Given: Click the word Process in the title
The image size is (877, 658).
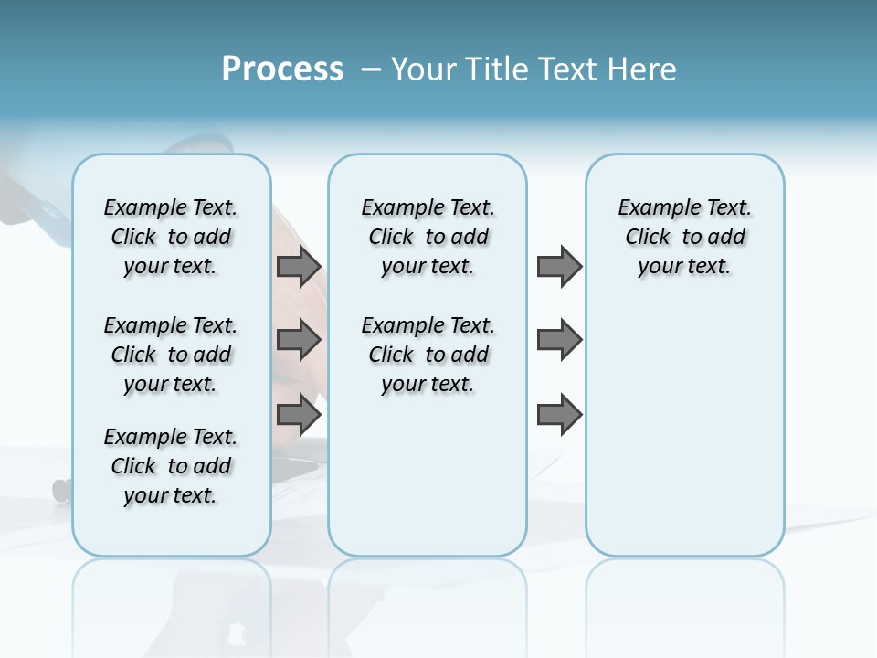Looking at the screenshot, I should [282, 69].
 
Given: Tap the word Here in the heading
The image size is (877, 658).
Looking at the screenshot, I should [643, 69].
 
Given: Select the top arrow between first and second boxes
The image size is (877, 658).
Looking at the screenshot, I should [299, 266].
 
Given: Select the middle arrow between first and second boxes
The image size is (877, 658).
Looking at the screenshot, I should [299, 340].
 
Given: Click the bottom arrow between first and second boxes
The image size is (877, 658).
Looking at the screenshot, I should [299, 415].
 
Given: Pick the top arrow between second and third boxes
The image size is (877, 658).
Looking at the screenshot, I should [559, 266].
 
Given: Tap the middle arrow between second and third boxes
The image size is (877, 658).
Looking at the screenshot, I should [559, 340].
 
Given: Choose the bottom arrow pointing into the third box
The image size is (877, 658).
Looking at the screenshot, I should [559, 415].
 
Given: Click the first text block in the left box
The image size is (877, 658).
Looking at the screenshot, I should [171, 237].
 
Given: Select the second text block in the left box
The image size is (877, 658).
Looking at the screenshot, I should [171, 355].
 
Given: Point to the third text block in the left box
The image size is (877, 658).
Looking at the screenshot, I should [171, 466].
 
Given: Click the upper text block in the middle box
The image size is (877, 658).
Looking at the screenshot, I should [428, 237].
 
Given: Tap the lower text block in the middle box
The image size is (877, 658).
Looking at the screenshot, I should [428, 355].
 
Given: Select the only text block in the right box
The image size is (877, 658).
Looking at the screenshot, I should [685, 237].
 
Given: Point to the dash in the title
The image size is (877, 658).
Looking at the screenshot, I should [371, 69].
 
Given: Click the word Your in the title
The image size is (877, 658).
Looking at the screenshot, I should [425, 69].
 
